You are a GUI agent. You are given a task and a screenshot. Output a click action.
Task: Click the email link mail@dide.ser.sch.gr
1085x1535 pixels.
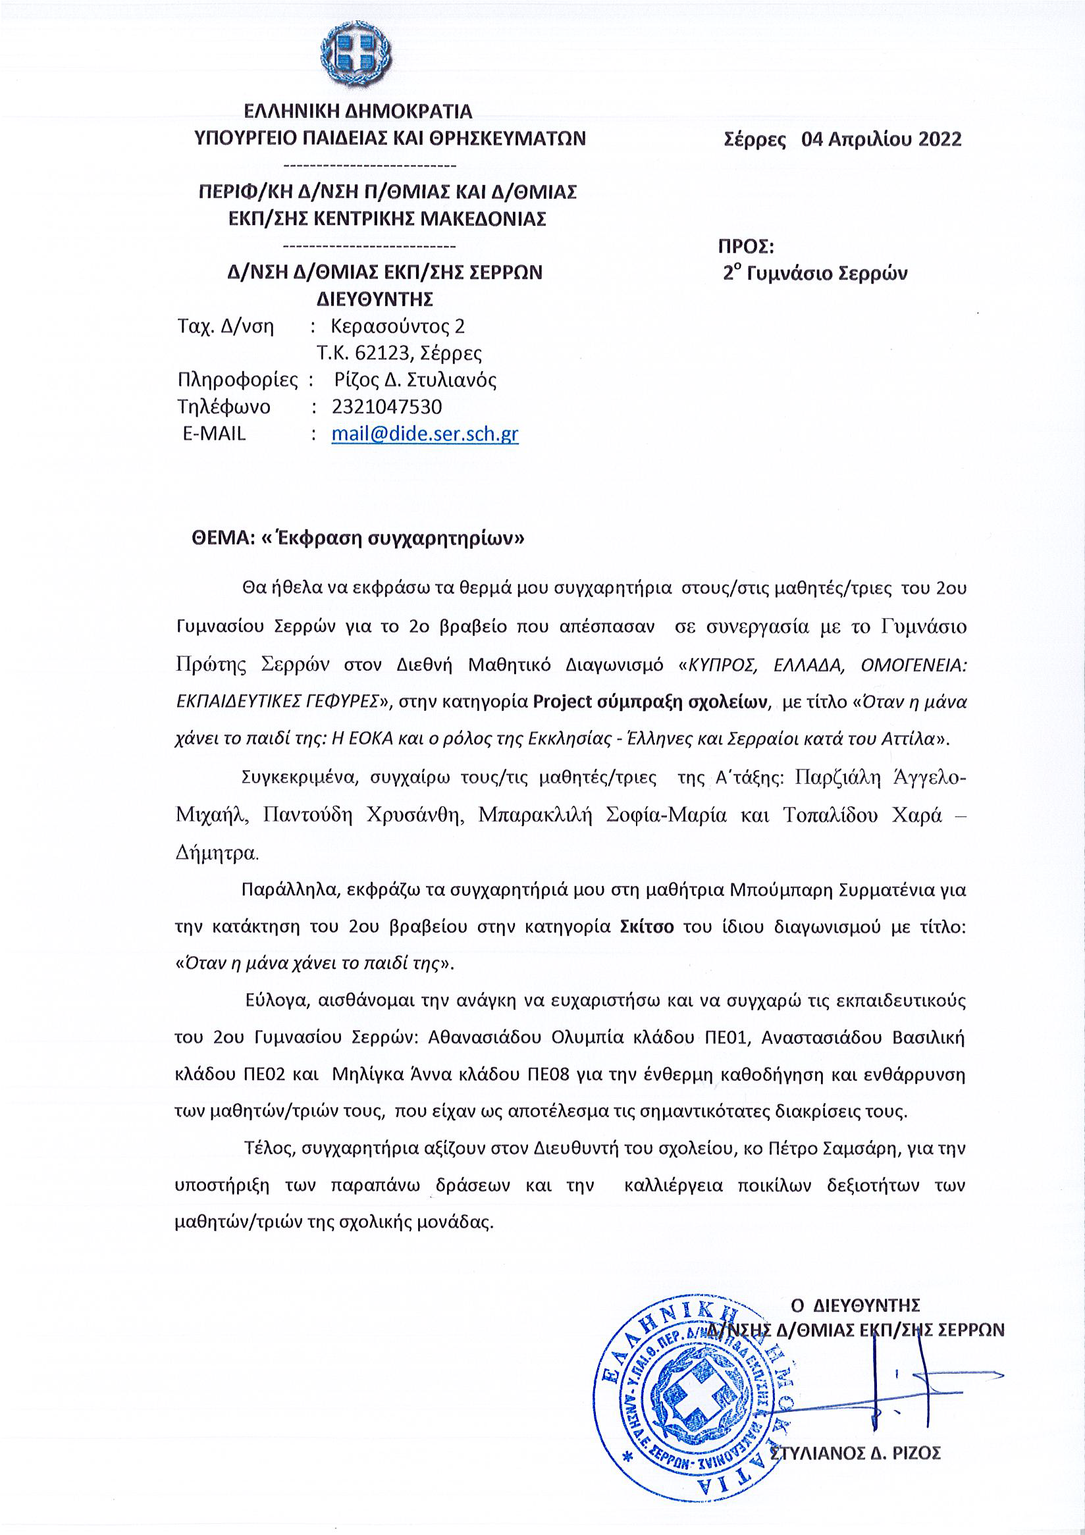tap(425, 434)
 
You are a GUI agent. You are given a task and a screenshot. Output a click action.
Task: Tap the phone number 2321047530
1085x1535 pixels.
tap(386, 407)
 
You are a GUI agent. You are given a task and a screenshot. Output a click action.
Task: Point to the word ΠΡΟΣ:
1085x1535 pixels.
tap(746, 247)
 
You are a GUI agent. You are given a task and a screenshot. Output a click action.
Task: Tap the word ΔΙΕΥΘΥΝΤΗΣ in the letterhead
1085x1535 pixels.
tap(375, 298)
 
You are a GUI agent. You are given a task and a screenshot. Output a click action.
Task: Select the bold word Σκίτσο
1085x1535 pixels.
tap(647, 927)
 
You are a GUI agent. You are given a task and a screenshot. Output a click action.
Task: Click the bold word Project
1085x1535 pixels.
tap(562, 702)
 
